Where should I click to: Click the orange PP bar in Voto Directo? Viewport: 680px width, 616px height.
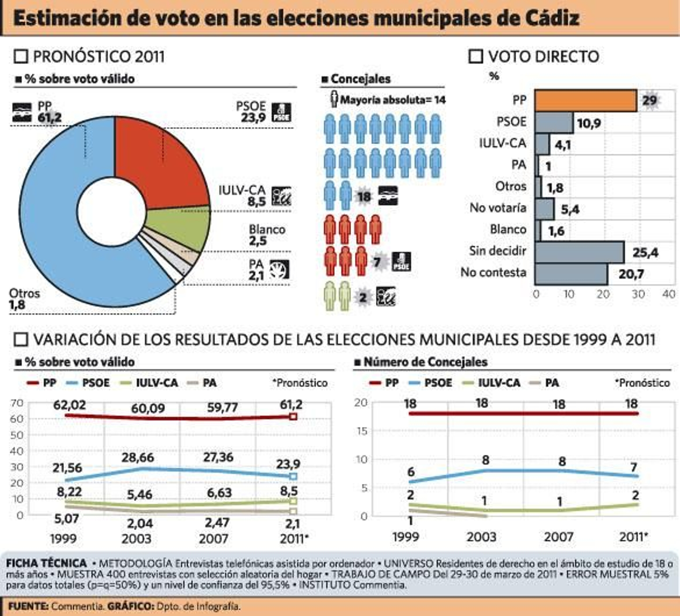tap(585, 101)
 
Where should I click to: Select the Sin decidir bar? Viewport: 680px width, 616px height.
tap(579, 252)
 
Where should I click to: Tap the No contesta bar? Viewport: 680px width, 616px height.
tap(571, 274)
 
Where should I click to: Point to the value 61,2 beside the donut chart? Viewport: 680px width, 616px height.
tap(49, 117)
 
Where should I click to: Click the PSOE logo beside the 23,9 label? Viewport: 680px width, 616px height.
tap(281, 113)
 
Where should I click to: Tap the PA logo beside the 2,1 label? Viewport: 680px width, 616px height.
tap(280, 269)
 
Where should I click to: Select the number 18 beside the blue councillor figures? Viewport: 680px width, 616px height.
tap(364, 197)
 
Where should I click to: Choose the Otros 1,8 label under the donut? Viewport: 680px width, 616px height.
tap(24, 299)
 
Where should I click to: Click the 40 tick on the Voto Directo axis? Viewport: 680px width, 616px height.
tap(669, 294)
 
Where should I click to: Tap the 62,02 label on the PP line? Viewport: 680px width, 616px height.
tap(69, 405)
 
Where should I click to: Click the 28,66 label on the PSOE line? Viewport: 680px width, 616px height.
tap(138, 458)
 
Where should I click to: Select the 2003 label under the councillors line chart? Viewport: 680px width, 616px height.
tap(482, 537)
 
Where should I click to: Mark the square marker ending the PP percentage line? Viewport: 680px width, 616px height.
tap(293, 416)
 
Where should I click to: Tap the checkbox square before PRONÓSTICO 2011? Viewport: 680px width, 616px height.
tap(21, 57)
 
